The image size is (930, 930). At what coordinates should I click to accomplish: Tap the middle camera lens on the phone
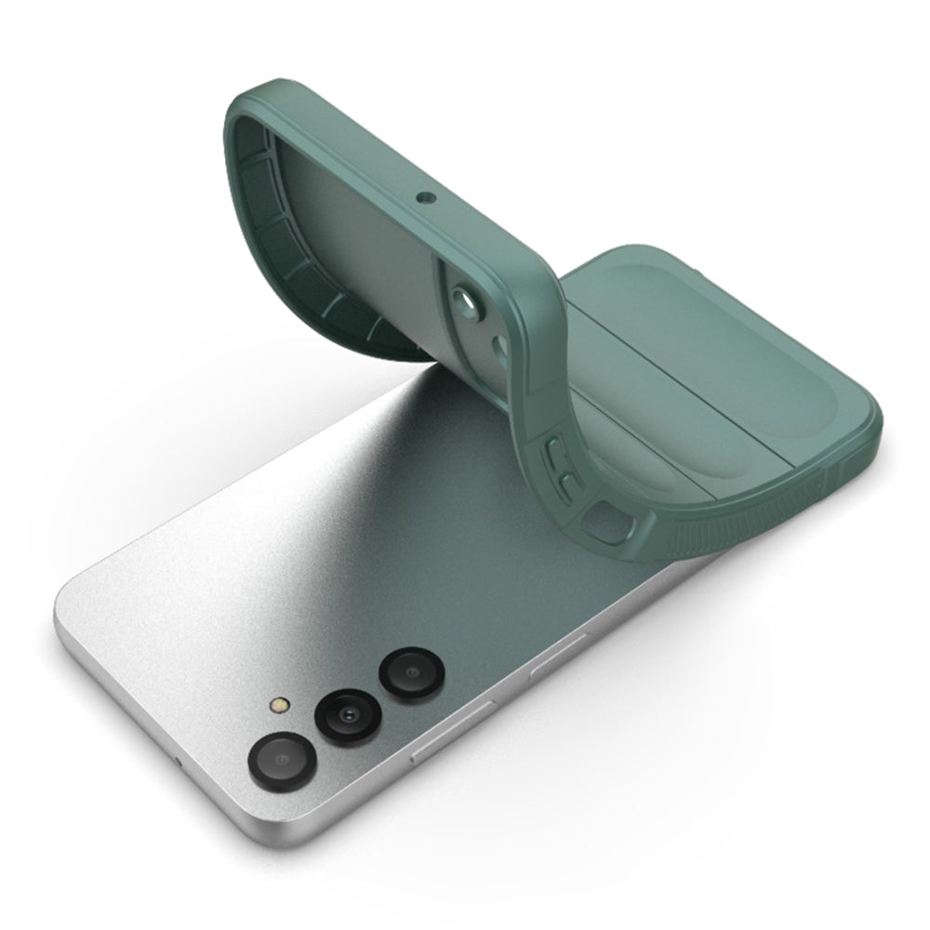346,716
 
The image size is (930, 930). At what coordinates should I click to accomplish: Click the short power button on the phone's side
558,658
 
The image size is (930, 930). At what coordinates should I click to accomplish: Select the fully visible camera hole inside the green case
462,302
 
